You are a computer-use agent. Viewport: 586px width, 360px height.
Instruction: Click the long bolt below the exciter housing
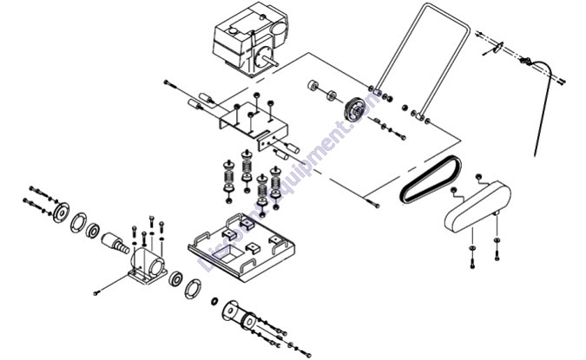click(x=103, y=288)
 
